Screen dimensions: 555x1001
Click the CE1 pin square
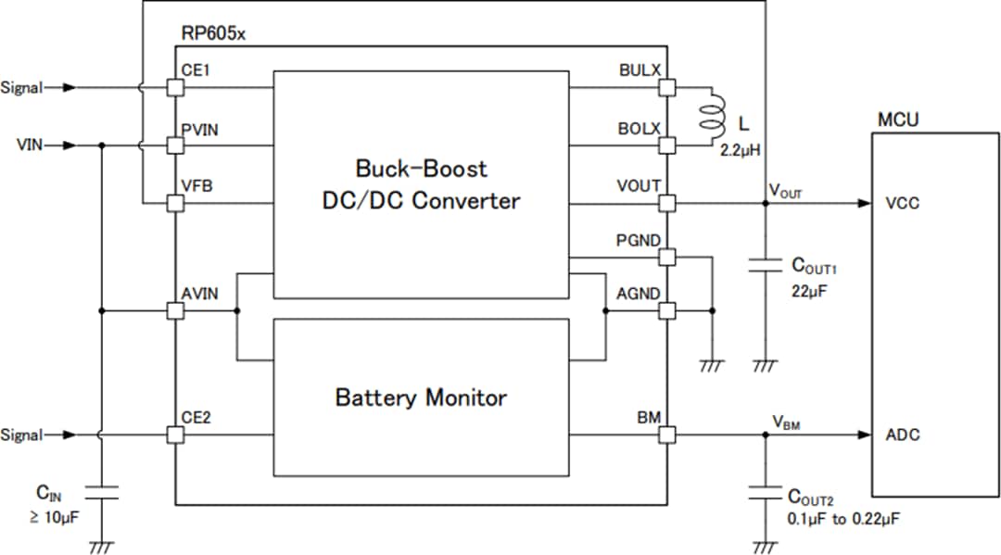[x=175, y=87]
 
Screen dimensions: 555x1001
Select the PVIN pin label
[x=201, y=129]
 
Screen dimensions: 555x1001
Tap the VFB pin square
[x=175, y=203]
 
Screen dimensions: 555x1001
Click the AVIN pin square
[x=175, y=310]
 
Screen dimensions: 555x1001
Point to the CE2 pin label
[x=196, y=418]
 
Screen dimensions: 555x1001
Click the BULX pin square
[x=666, y=87]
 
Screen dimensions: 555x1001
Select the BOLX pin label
[x=639, y=129]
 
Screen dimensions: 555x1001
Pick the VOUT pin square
[x=666, y=203]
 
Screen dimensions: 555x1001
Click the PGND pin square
[x=666, y=257]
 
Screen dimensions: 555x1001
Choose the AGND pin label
[x=639, y=294]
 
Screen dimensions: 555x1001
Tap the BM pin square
[x=666, y=435]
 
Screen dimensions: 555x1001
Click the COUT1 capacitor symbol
[x=765, y=266]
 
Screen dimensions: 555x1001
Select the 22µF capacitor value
[x=810, y=290]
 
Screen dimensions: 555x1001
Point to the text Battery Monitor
[x=421, y=398]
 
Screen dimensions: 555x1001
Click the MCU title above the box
[x=898, y=121]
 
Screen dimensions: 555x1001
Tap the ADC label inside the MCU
[x=903, y=435]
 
